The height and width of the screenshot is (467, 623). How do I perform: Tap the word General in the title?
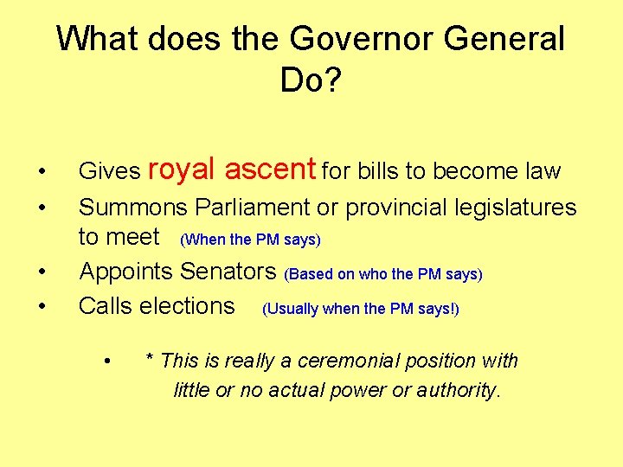click(504, 40)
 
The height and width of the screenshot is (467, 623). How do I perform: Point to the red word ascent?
click(271, 169)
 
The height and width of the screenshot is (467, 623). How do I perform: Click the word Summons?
click(133, 208)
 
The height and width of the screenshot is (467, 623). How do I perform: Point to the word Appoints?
click(126, 271)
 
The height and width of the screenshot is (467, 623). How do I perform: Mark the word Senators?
click(228, 271)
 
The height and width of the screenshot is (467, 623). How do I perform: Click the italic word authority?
click(458, 390)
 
